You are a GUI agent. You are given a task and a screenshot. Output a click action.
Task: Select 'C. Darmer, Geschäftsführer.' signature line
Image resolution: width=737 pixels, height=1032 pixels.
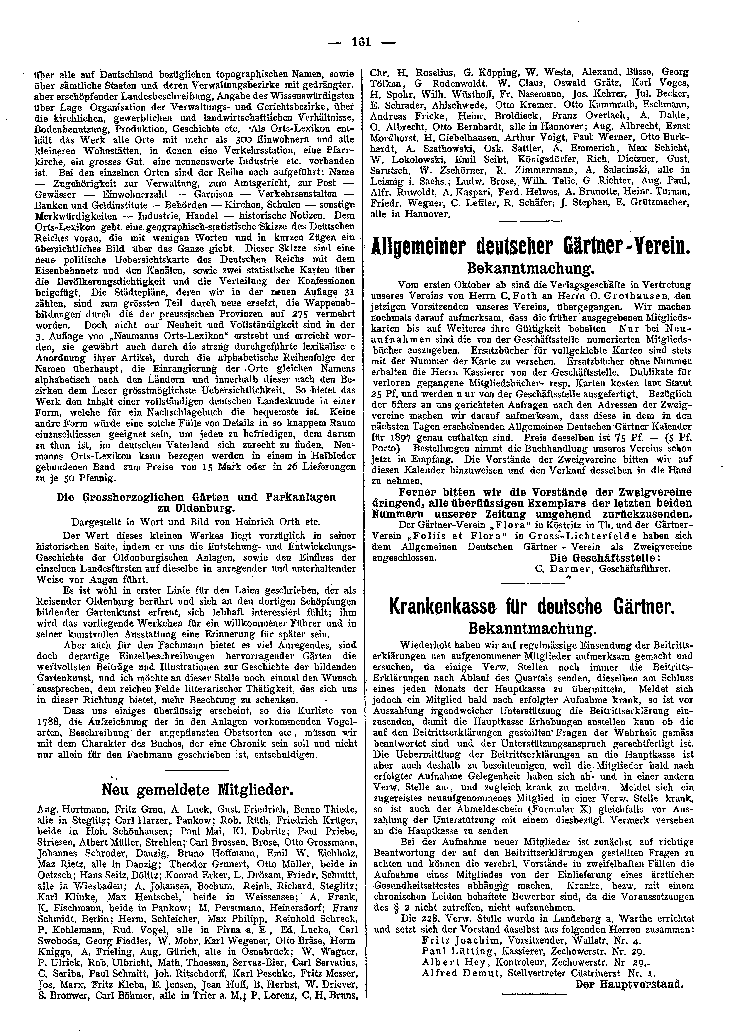tap(603, 568)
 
